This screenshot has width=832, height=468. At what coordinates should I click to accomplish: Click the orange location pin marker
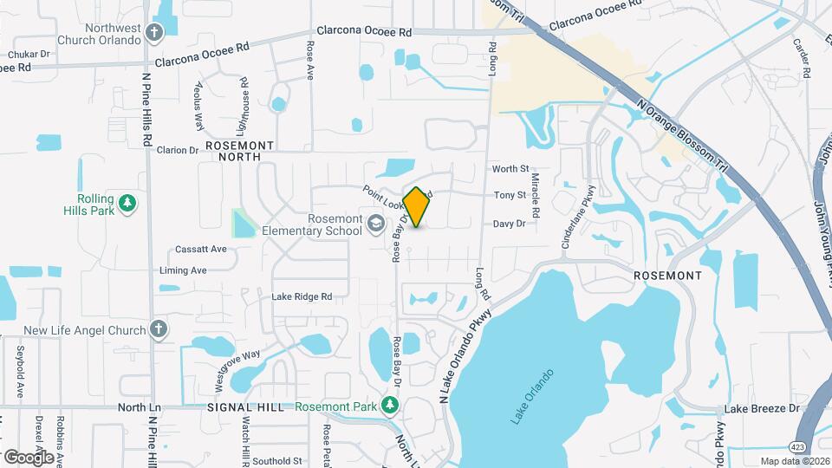(416, 207)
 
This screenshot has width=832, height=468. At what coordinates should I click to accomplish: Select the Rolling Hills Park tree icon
(128, 203)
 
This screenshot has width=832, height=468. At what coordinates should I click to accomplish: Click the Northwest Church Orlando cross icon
(155, 33)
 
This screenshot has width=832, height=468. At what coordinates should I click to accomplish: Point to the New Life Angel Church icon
(157, 329)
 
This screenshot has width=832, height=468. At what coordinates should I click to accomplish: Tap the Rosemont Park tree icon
(390, 405)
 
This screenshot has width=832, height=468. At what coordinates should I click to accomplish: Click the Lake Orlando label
(531, 397)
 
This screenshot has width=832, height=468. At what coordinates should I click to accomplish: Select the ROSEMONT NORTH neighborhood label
(240, 151)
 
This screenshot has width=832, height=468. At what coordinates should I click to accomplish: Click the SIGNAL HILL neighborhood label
(245, 407)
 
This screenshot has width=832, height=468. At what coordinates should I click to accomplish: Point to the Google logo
(29, 457)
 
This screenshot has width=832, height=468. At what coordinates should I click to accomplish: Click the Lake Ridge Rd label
(302, 296)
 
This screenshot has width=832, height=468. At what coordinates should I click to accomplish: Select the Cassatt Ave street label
(200, 250)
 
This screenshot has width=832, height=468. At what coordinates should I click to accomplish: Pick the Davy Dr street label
(509, 224)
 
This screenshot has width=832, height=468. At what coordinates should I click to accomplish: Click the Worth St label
(510, 169)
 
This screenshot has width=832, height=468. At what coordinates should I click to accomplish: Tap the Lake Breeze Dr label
(762, 408)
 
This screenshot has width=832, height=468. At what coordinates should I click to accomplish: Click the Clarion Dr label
(178, 150)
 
